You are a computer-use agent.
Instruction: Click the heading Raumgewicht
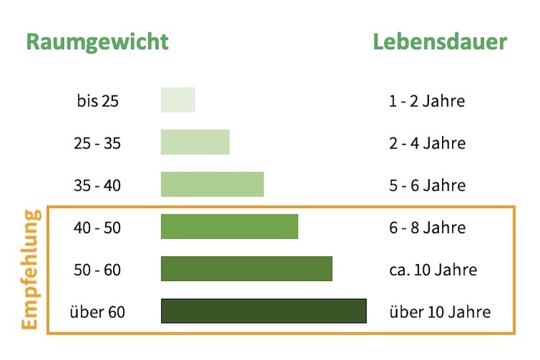97,41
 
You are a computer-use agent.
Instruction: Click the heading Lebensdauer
440,41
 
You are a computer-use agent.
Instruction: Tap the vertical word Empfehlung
30,269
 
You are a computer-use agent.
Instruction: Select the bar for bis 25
178,100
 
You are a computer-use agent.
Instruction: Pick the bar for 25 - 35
195,142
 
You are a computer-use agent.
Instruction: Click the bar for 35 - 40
212,184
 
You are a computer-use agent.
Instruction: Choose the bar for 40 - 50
229,227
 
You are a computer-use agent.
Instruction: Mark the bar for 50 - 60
246,269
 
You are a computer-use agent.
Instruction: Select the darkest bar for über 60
264,311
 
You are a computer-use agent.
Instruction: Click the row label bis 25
97,101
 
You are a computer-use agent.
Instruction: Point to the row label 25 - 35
97,143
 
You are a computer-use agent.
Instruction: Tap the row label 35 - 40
97,186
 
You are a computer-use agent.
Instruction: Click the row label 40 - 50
97,228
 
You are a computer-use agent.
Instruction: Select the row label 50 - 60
97,270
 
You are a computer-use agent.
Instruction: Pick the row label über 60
97,312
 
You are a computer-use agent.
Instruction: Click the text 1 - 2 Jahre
427,101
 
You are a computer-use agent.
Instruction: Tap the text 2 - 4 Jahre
427,143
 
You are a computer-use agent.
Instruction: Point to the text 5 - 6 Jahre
427,186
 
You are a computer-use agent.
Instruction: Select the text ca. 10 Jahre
433,270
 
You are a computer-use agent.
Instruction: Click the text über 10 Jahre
439,312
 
